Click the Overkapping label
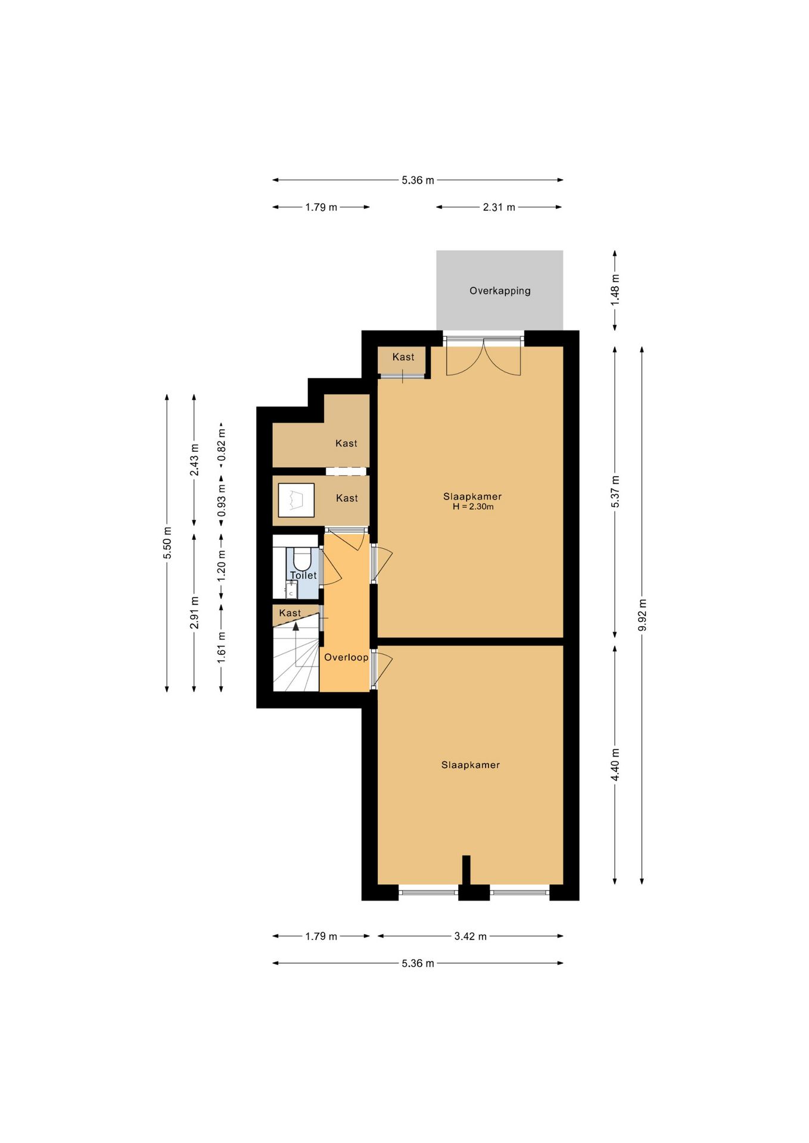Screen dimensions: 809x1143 tap(500, 291)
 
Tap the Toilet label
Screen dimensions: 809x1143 tap(303, 575)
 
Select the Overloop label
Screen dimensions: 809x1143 tap(346, 657)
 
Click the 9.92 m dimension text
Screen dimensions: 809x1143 tap(642, 615)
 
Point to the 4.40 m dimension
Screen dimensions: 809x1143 tap(615, 765)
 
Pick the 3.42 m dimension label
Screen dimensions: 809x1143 tap(471, 936)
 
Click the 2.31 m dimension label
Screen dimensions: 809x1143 tap(499, 207)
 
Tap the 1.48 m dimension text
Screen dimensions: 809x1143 tap(615, 290)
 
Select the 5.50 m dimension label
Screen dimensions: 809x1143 tap(167, 543)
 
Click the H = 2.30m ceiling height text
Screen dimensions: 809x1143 tap(473, 507)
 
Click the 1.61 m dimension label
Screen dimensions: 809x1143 tap(221, 647)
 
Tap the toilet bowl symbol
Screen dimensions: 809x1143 tap(302, 559)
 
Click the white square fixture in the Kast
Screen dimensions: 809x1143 tap(296, 500)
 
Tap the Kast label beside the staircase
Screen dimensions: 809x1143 tap(290, 613)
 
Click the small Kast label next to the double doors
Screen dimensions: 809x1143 tap(403, 357)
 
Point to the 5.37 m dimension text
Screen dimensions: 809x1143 tap(615, 492)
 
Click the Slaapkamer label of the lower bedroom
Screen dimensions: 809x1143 tap(471, 765)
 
